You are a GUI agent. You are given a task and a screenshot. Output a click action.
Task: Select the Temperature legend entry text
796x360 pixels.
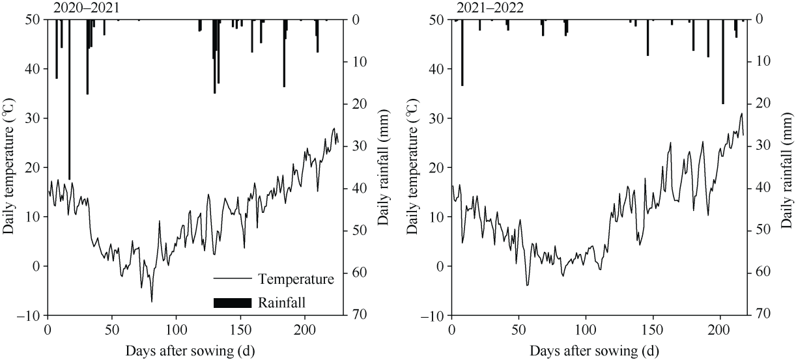click(x=296, y=279)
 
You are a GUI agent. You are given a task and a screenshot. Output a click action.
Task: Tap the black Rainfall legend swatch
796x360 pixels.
click(x=233, y=302)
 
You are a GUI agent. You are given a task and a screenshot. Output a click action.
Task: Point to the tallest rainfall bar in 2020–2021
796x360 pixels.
click(x=69, y=98)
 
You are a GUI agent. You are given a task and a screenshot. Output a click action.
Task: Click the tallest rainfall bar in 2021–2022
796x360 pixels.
click(x=722, y=62)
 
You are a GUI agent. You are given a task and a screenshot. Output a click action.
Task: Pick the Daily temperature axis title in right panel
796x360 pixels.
click(x=412, y=167)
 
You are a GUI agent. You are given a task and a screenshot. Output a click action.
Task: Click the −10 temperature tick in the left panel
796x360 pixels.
click(x=29, y=315)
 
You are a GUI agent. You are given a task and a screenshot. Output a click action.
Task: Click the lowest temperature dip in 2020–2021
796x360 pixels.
click(x=152, y=301)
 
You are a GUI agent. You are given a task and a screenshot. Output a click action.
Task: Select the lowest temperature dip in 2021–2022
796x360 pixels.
click(x=528, y=285)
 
